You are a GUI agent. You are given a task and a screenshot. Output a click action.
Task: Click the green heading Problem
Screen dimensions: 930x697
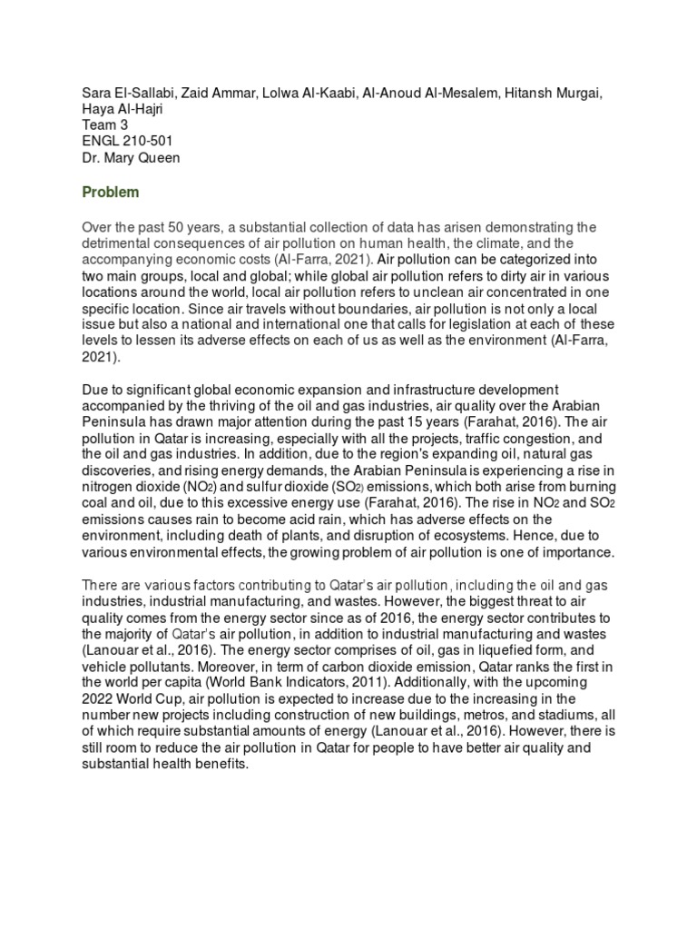coord(110,192)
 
